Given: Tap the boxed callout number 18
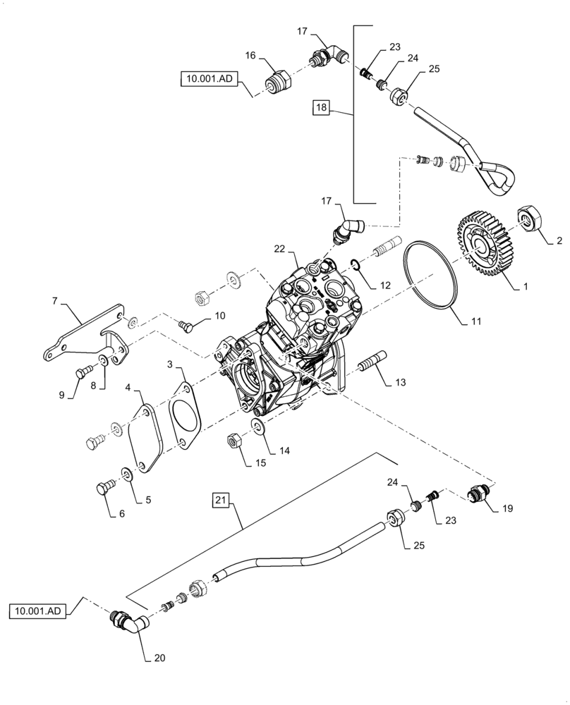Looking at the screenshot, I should tap(322, 107).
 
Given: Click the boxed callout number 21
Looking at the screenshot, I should tap(221, 501).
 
